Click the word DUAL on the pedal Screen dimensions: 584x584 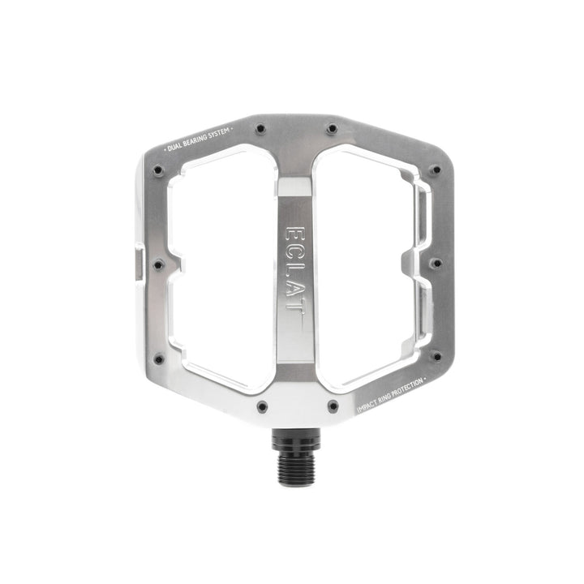[x=175, y=146]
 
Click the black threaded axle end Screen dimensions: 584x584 [x=291, y=463]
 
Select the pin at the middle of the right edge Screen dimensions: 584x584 [x=436, y=263]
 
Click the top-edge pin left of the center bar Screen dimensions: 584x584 [x=260, y=127]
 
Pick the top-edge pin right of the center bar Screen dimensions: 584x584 [x=331, y=127]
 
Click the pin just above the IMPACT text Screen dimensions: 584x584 [x=436, y=356]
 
